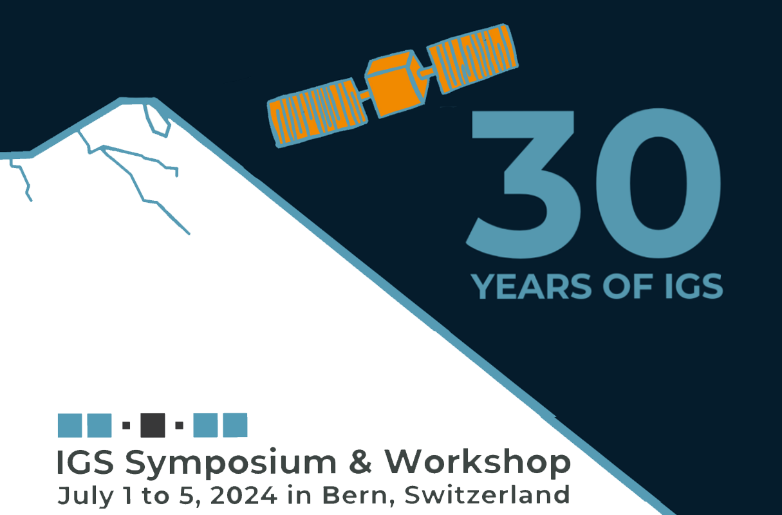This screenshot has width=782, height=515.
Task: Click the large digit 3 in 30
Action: coord(524,184)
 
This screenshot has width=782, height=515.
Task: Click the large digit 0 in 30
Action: coord(658,183)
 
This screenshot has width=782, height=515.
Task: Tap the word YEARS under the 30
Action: coord(531,286)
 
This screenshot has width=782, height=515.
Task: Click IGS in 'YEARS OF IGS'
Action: coord(693,286)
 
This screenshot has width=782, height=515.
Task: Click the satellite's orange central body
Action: coord(395,84)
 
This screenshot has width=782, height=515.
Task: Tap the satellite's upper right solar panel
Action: coord(473,59)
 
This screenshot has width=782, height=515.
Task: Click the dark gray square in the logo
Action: coord(153,426)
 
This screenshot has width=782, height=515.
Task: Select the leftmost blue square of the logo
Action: coord(70,426)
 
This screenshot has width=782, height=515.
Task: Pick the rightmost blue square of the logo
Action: coord(235,426)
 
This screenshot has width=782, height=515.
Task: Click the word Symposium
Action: coord(231,464)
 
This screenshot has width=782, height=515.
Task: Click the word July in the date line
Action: coord(86,496)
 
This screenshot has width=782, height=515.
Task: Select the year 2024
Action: coord(243,495)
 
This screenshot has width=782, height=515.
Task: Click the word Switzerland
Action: coord(487,494)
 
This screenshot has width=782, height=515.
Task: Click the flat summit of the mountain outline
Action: coord(138,101)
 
